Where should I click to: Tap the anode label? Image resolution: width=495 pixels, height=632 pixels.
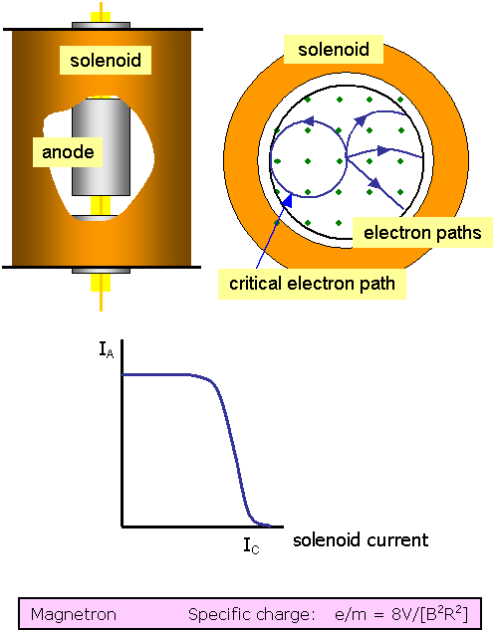67,152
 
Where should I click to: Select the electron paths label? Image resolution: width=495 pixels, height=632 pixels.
422,234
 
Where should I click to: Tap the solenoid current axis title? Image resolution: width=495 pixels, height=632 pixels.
361,539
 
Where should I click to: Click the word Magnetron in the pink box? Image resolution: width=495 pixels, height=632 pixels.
73,614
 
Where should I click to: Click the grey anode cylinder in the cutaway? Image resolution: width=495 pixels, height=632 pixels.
108,144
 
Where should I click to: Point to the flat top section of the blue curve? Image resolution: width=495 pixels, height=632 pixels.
159,374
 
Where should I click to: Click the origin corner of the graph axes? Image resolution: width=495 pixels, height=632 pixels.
122,526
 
